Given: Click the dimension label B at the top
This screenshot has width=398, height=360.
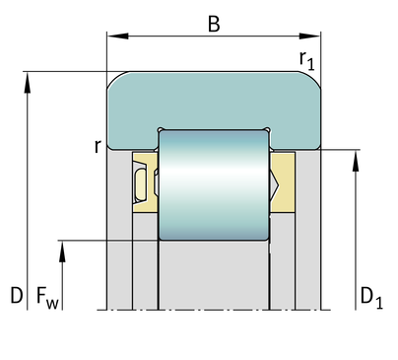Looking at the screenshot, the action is coord(214,24).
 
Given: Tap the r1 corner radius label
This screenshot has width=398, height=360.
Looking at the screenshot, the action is coord(307,60).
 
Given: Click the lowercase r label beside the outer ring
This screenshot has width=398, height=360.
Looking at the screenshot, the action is coord(98,146).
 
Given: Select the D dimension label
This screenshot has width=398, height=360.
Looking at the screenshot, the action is coord(17,295).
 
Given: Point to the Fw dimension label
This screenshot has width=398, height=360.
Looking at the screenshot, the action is coord(47,298).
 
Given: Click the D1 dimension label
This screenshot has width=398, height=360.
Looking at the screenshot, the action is coord(371,299).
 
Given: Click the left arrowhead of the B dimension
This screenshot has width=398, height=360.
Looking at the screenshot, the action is coord(117,36).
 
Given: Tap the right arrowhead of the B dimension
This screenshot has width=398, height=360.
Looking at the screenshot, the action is coord(309,36).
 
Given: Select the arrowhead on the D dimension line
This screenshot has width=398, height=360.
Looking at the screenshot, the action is coord(28,83).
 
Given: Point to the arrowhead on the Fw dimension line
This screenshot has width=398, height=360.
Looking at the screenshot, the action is coord(62,252).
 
